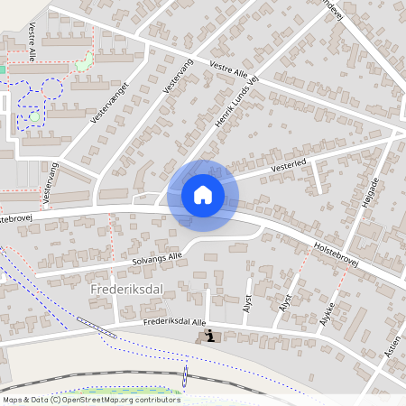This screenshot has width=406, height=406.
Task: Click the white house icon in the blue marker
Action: (x=203, y=195)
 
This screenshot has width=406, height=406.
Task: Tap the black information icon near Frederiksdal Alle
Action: (x=210, y=337)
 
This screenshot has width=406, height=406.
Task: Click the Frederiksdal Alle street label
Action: (x=175, y=323)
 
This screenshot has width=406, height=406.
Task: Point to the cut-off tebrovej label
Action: (x=17, y=218)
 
